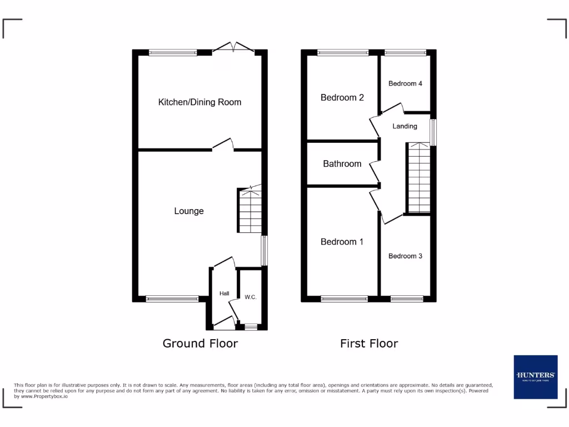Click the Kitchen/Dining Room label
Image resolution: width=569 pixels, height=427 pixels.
click(x=199, y=102)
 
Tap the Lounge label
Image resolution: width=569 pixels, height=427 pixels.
click(x=189, y=211)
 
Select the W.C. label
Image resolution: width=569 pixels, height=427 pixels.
click(x=251, y=297)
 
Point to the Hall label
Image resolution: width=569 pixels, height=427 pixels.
click(x=224, y=294)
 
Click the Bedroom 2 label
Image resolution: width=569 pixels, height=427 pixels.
click(x=342, y=98)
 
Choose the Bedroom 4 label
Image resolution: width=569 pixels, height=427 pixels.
click(x=405, y=84)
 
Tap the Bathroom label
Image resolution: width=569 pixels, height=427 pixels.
click(x=342, y=164)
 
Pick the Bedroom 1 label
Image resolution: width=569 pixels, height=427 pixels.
click(x=342, y=242)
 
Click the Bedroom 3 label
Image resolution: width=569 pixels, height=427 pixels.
click(x=405, y=256)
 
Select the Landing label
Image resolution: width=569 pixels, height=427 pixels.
click(x=405, y=126)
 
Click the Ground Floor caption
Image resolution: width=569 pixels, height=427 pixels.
click(x=200, y=344)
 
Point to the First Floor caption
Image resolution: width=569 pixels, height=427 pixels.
click(x=369, y=344)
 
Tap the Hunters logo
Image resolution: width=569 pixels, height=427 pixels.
click(x=535, y=376)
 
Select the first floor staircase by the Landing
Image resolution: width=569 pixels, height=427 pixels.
click(x=419, y=178)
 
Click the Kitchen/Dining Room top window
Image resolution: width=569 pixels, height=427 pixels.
click(x=173, y=53)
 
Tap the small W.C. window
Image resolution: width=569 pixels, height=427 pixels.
click(x=251, y=327)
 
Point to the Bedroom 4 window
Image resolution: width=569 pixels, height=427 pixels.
click(x=405, y=53)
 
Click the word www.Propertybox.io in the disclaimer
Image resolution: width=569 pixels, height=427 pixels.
click(x=44, y=396)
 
